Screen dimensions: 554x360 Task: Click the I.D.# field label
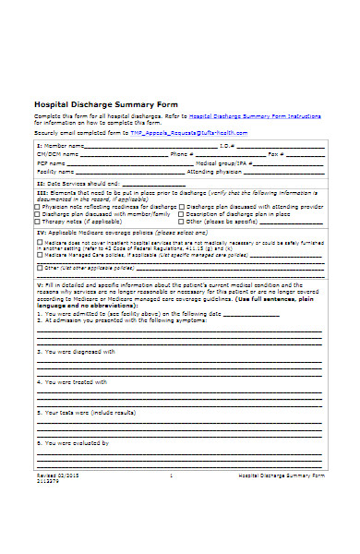227,146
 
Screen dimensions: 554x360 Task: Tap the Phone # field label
182,154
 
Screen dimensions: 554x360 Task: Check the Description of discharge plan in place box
181,214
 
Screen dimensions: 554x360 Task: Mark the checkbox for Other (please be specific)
181,222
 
